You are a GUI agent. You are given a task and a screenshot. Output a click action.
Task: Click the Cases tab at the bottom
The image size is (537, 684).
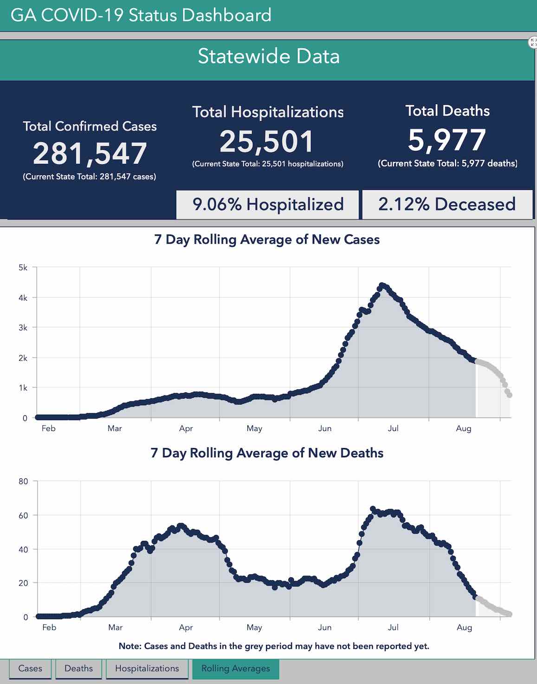[x=30, y=668]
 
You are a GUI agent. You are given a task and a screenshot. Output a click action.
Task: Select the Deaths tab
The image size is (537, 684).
[x=78, y=668]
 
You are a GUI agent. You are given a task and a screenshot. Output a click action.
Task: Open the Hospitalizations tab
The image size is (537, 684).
[x=147, y=668]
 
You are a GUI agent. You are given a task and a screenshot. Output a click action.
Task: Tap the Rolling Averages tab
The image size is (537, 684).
[x=235, y=668]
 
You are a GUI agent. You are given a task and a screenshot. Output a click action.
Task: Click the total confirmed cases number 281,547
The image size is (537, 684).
[x=90, y=154]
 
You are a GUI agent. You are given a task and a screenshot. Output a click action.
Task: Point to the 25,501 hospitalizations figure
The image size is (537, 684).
[x=267, y=142]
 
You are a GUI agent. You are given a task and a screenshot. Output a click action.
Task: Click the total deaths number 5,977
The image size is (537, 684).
[x=447, y=140]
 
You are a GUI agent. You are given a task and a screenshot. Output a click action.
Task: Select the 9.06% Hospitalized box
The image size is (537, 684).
[x=268, y=204]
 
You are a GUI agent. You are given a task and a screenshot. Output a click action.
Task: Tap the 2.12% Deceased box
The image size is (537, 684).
[x=447, y=204]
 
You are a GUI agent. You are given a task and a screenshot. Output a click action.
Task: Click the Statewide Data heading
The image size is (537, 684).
[x=268, y=56]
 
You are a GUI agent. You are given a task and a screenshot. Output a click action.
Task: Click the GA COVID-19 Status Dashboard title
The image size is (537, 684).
[x=141, y=15]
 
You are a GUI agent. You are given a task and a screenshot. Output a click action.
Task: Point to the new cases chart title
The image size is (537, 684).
[x=267, y=239]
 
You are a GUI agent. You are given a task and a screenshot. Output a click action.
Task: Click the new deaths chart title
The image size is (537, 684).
[x=267, y=453]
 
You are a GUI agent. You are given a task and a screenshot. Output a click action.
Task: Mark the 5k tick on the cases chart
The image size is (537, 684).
[x=23, y=268]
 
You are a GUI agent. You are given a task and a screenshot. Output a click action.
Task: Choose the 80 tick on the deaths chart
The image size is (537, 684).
[x=23, y=481]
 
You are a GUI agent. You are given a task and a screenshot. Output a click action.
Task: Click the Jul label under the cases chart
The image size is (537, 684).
[x=393, y=428]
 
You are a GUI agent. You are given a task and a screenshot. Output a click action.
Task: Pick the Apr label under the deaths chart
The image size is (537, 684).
[x=186, y=627]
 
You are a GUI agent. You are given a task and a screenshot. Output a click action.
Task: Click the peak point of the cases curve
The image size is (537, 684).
[x=382, y=285]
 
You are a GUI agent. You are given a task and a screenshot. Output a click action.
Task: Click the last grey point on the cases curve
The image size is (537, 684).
[x=509, y=395]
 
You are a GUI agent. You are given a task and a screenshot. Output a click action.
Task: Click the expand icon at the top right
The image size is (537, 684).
[x=533, y=43]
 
